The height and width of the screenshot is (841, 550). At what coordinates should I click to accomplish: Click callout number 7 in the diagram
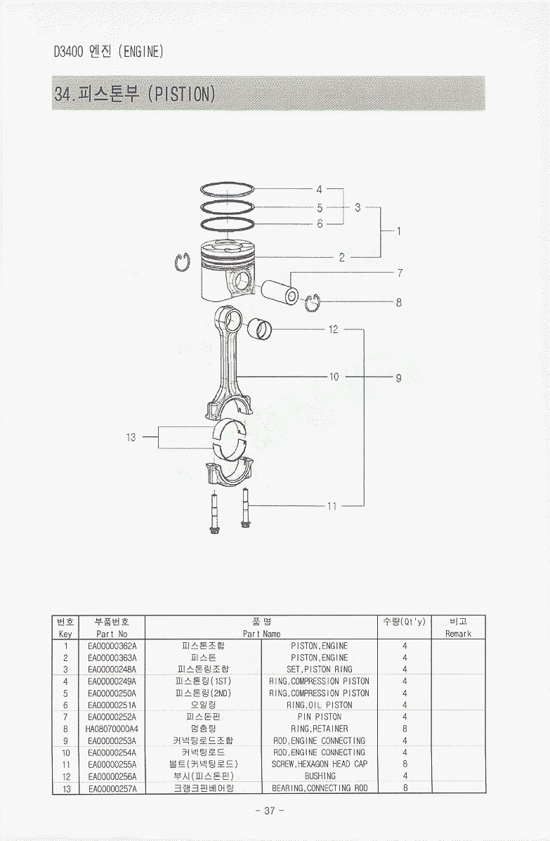[399, 272]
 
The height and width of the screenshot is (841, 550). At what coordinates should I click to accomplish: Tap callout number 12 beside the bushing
[333, 329]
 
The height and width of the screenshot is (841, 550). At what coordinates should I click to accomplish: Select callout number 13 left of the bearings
[131, 437]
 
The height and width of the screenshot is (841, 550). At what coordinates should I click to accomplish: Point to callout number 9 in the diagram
[398, 377]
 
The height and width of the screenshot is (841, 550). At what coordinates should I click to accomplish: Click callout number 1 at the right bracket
[398, 230]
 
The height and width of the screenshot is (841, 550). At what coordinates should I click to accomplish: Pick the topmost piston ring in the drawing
[227, 190]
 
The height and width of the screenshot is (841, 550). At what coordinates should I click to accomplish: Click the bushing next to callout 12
[261, 327]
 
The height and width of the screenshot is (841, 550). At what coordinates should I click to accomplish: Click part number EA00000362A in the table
[112, 646]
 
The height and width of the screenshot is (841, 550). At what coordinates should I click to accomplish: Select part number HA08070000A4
[112, 729]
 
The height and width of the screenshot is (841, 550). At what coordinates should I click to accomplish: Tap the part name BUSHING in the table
[320, 776]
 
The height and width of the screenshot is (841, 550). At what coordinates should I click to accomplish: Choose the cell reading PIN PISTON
[320, 717]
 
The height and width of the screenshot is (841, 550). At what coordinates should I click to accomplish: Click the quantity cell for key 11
[405, 764]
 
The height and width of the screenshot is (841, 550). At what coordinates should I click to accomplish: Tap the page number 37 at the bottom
[270, 810]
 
